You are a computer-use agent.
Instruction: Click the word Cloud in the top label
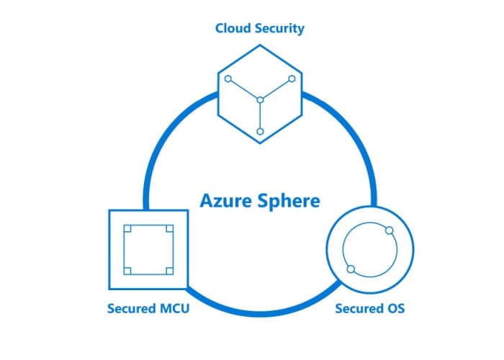point(231,28)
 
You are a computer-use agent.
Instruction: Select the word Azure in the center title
point(225,201)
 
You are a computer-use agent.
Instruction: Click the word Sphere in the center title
point(289,202)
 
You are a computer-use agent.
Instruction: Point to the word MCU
point(174,309)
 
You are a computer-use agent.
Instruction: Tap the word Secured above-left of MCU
point(132,309)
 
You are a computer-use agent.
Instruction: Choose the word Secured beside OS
point(359,309)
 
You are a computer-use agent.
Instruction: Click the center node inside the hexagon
point(261,100)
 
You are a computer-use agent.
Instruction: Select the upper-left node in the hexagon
point(228,78)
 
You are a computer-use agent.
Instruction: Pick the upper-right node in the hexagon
point(292,78)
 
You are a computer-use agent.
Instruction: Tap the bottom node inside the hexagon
point(261,132)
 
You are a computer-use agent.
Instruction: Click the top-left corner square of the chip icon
point(127,228)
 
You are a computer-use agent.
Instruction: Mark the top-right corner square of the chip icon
point(170,228)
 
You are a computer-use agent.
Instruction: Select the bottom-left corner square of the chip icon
point(127,271)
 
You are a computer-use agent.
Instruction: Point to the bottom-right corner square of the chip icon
point(170,271)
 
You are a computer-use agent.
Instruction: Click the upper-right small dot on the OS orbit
point(390,230)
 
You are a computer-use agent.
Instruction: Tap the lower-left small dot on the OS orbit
point(351,269)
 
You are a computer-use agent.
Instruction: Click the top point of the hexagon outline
point(260,45)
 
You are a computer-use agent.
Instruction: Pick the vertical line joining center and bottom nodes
point(261,116)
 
